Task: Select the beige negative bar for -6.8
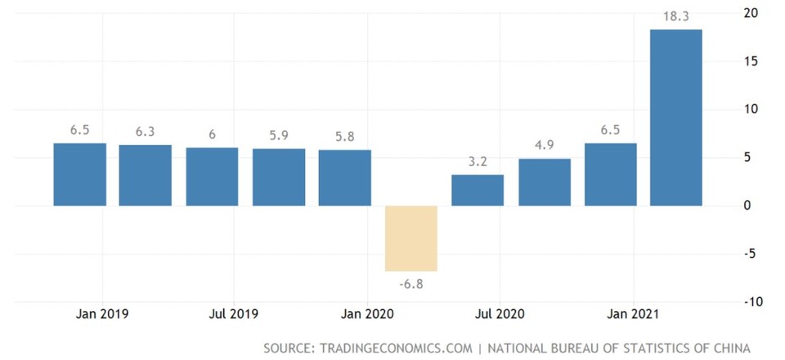(x=411, y=238)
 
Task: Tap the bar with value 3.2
(x=478, y=190)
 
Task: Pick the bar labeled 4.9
(x=544, y=182)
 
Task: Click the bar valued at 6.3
(x=146, y=175)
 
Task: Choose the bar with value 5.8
(x=344, y=178)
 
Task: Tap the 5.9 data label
(x=279, y=135)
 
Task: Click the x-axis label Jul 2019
(x=234, y=313)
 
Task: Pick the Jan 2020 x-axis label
(x=366, y=313)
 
